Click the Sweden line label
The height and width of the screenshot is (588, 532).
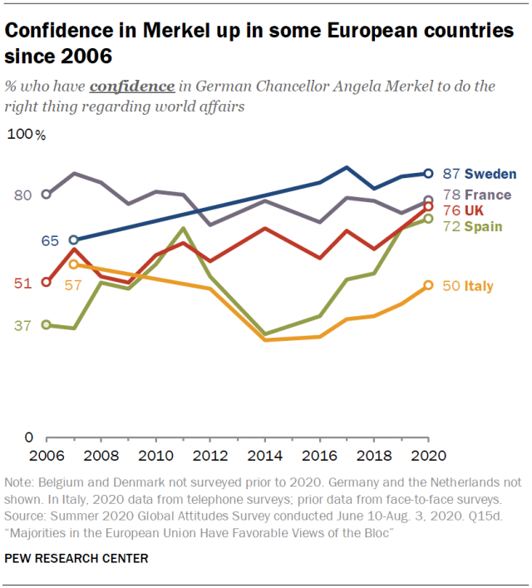(x=490, y=174)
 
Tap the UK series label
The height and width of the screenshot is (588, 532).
(x=475, y=210)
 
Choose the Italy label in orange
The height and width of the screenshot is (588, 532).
(x=479, y=286)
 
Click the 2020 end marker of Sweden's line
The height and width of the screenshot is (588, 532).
(x=429, y=174)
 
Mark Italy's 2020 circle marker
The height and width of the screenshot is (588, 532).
(x=429, y=285)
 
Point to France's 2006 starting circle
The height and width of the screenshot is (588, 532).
(x=46, y=195)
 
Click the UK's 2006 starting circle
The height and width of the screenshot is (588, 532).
(x=46, y=282)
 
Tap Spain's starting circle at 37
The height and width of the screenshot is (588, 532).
(x=46, y=324)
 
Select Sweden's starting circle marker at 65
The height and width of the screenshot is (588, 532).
(x=73, y=240)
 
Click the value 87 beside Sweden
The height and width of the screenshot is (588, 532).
(x=451, y=174)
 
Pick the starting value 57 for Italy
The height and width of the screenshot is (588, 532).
(x=73, y=284)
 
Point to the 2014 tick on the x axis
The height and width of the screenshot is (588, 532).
(x=264, y=456)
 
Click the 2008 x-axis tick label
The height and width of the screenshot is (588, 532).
(x=101, y=456)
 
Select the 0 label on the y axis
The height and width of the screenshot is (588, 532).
(x=27, y=437)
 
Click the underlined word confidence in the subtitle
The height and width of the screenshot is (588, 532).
(x=132, y=86)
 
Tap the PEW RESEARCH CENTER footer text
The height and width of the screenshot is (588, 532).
(x=76, y=559)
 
